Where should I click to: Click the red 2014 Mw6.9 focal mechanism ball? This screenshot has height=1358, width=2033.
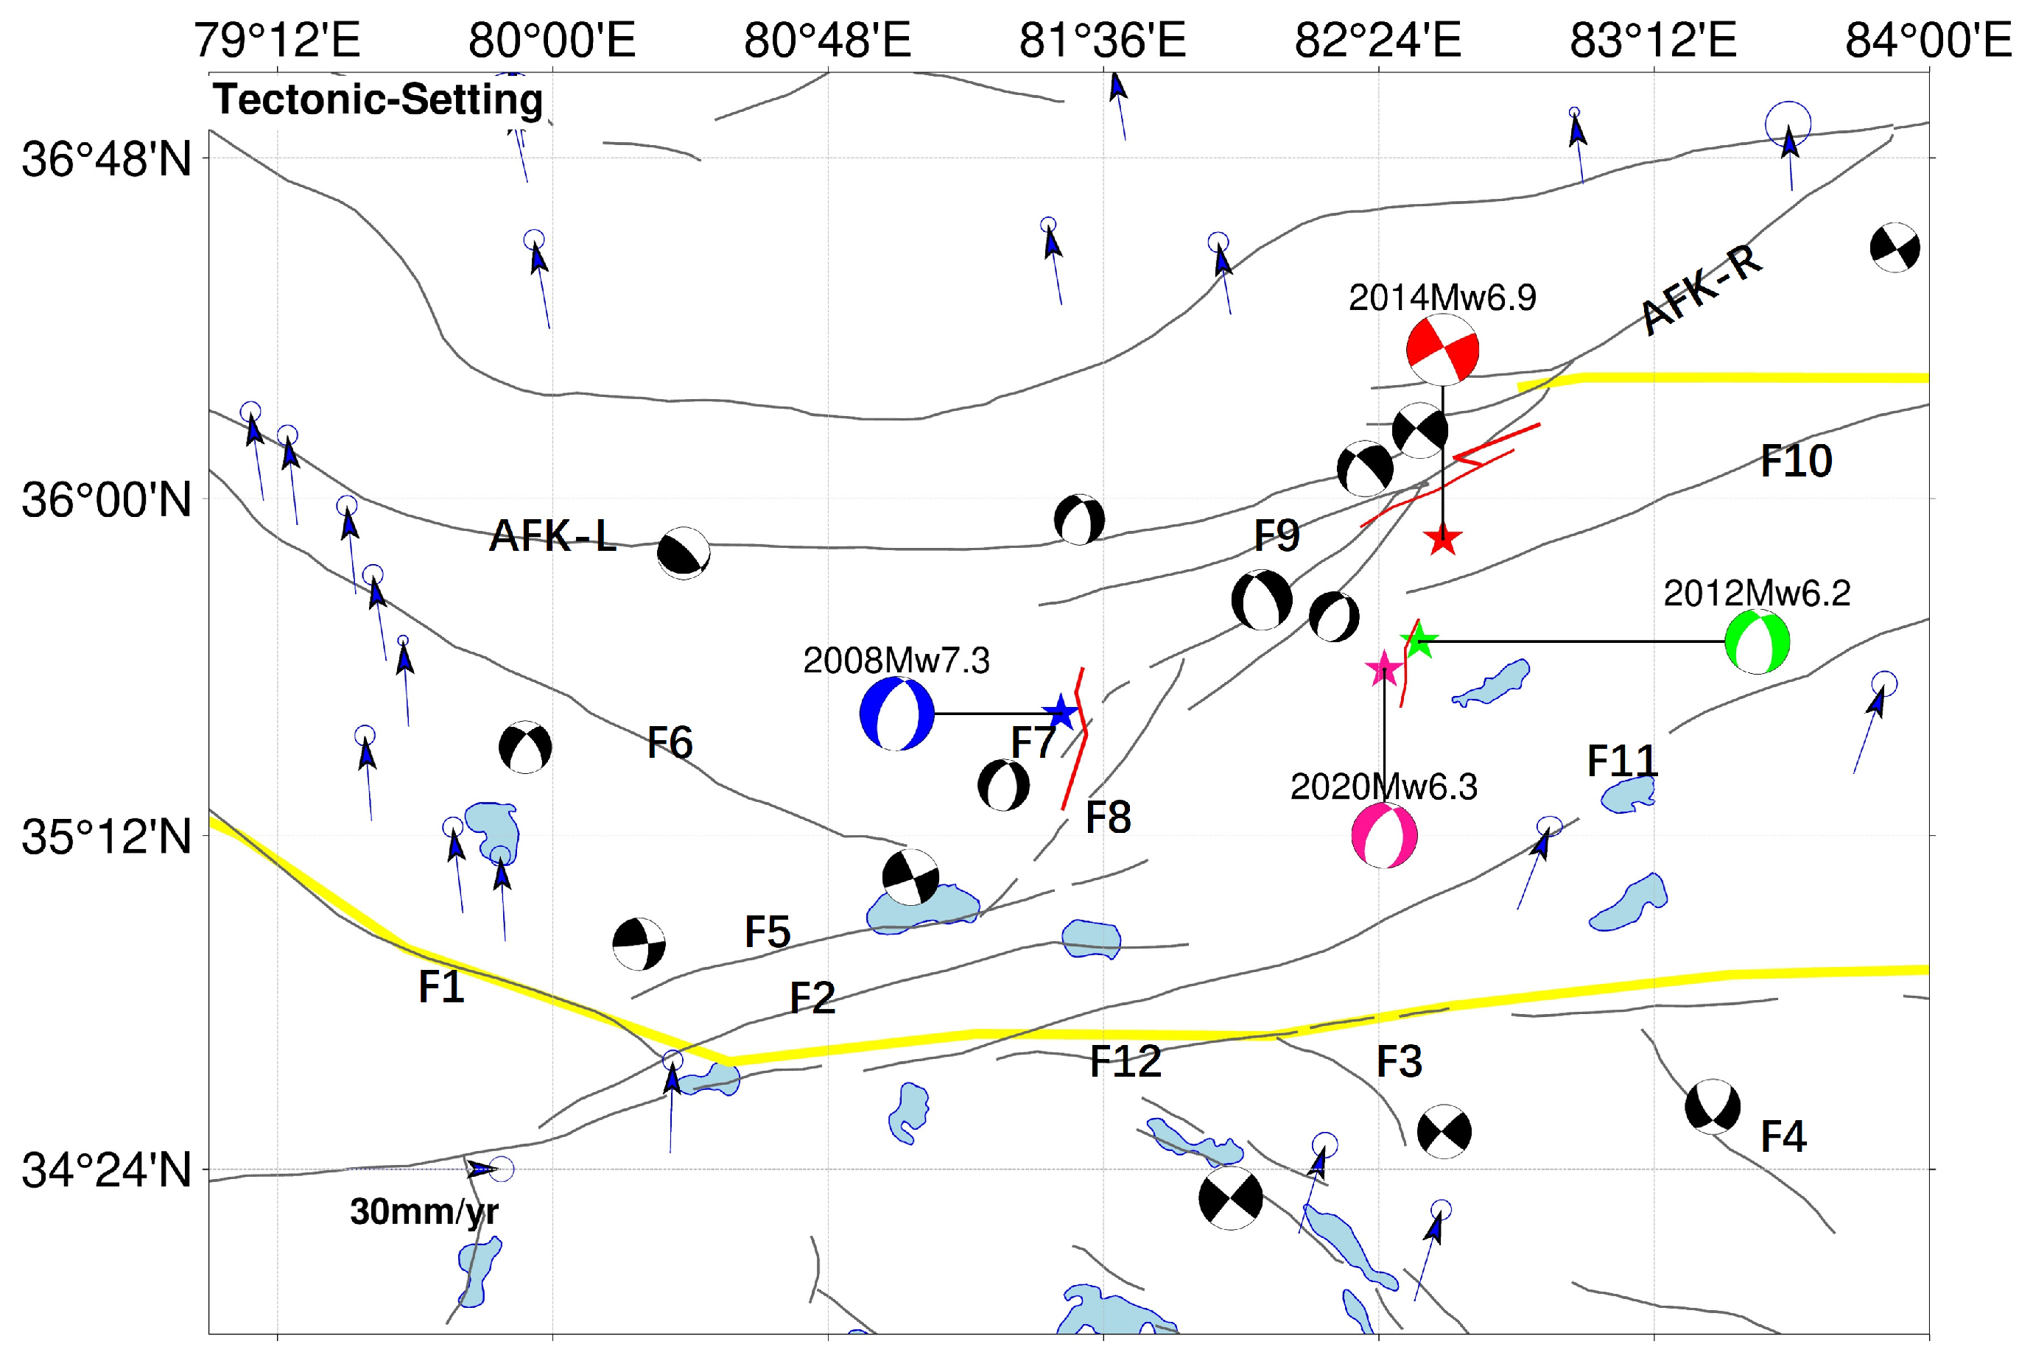pos(1442,350)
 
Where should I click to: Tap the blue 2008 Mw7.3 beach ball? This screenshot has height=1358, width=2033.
pos(897,713)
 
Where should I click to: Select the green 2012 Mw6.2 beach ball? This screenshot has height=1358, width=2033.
pos(1757,641)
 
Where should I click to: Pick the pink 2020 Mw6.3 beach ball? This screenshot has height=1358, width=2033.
pos(1384,836)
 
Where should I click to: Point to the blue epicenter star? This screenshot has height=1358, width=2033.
pos(1060,713)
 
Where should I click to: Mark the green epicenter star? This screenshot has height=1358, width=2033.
pos(1419,641)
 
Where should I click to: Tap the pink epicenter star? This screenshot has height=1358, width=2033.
pos(1384,668)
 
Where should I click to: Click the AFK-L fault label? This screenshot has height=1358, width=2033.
pos(552,536)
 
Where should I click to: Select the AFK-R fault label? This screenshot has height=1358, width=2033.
pos(1702,289)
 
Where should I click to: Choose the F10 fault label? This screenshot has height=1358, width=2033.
pos(1796,461)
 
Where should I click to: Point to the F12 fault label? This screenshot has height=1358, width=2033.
pos(1124,1062)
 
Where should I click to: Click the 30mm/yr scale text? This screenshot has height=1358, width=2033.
pos(424,1211)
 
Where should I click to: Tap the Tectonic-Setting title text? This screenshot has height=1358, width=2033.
pos(378,99)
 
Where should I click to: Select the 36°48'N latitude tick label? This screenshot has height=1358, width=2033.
pos(105,159)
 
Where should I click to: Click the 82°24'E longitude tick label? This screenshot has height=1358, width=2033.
pos(1377,40)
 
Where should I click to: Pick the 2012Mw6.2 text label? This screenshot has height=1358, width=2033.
pos(1757,594)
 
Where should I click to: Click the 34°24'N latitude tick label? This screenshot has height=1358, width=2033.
pos(105,1170)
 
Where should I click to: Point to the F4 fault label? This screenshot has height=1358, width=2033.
pos(1783,1136)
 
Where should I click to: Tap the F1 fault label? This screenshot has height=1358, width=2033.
pos(441,988)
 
